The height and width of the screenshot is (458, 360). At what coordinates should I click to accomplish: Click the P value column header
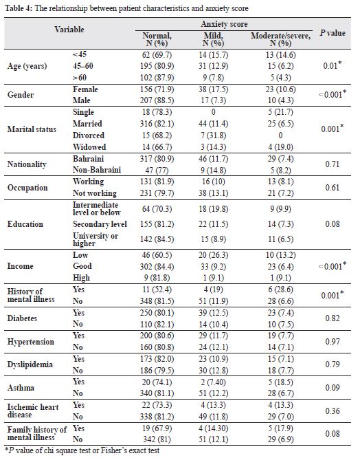333,33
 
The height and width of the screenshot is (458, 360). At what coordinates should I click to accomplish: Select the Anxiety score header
224,24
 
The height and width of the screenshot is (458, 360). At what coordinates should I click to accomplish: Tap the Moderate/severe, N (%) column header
280,39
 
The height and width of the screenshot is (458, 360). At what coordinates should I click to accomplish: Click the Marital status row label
32,129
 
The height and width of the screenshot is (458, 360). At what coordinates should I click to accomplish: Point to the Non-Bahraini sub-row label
97,170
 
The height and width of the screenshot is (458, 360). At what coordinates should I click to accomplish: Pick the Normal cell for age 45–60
157,66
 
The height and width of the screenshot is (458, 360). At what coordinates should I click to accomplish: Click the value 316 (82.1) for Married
157,124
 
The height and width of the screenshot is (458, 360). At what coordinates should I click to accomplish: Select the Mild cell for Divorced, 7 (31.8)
213,135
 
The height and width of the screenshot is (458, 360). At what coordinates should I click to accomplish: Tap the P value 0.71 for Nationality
333,164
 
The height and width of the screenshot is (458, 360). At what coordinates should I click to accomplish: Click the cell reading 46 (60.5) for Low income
157,255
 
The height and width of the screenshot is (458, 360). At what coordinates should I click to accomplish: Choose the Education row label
25,224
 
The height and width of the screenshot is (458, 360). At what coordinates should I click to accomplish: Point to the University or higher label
95,239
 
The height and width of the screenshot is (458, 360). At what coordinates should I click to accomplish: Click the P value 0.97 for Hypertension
333,342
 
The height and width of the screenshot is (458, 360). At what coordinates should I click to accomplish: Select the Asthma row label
21,388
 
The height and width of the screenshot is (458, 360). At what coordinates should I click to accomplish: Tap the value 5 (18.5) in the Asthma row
280,382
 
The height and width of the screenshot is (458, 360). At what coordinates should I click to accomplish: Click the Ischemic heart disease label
33,411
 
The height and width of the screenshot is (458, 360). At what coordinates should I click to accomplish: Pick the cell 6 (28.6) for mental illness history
280,290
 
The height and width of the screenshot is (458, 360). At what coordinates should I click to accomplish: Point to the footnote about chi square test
82,450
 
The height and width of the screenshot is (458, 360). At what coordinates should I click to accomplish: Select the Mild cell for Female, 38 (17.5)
213,89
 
